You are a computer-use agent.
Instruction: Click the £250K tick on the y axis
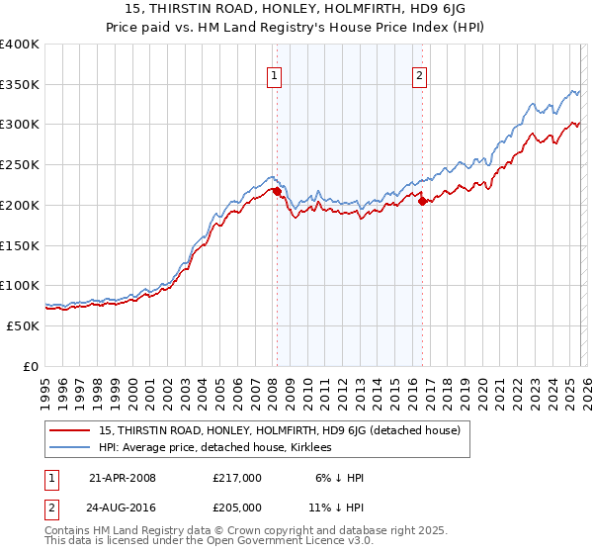20,164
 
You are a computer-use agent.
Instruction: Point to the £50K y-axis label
22,325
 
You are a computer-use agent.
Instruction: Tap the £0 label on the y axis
31,366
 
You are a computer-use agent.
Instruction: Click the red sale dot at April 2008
277,191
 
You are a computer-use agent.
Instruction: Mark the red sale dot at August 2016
422,201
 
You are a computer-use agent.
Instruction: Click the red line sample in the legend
70,430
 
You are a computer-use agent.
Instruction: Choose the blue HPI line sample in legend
70,448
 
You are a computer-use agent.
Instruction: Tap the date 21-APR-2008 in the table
122,478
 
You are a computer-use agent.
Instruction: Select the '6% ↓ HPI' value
336,478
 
